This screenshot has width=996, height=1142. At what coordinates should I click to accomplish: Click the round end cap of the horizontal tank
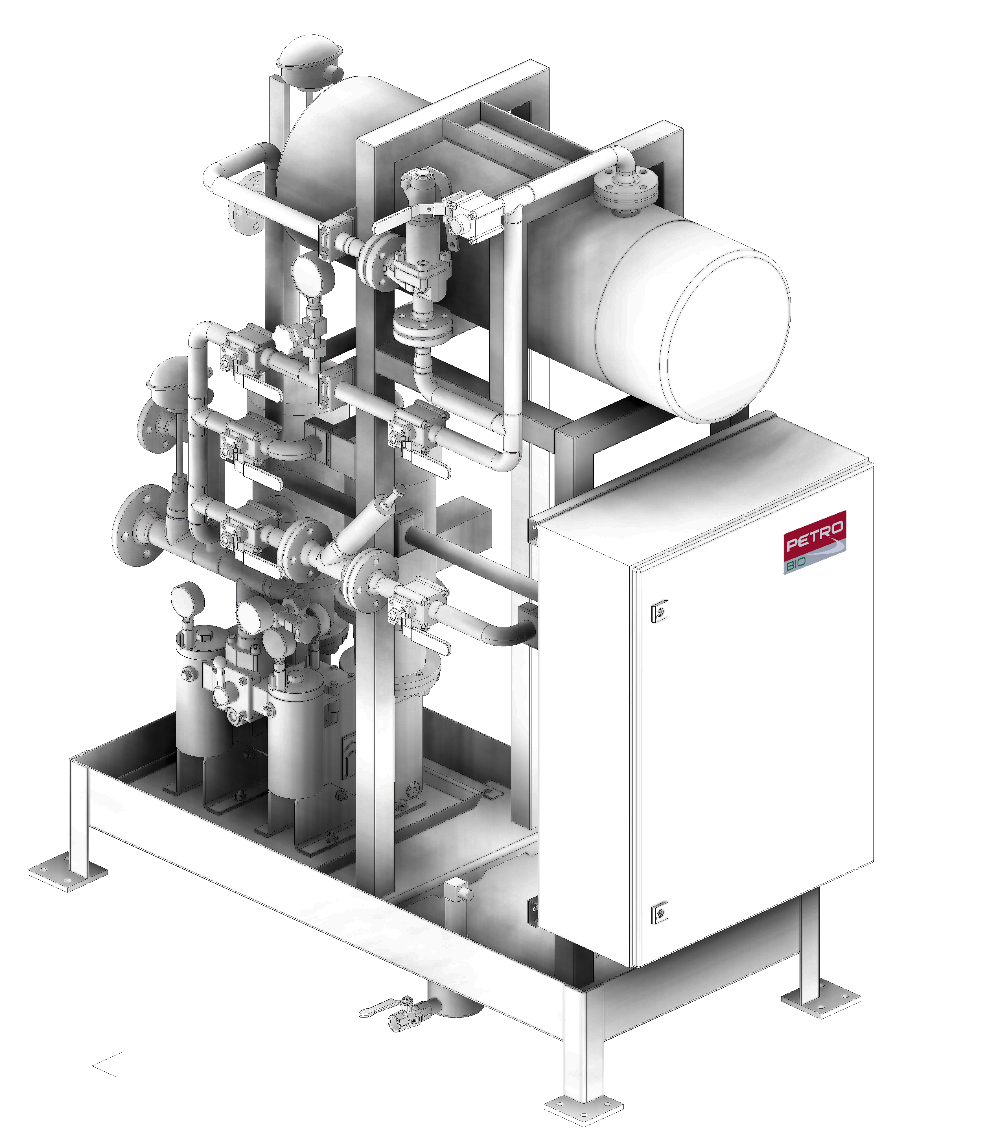point(728,335)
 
